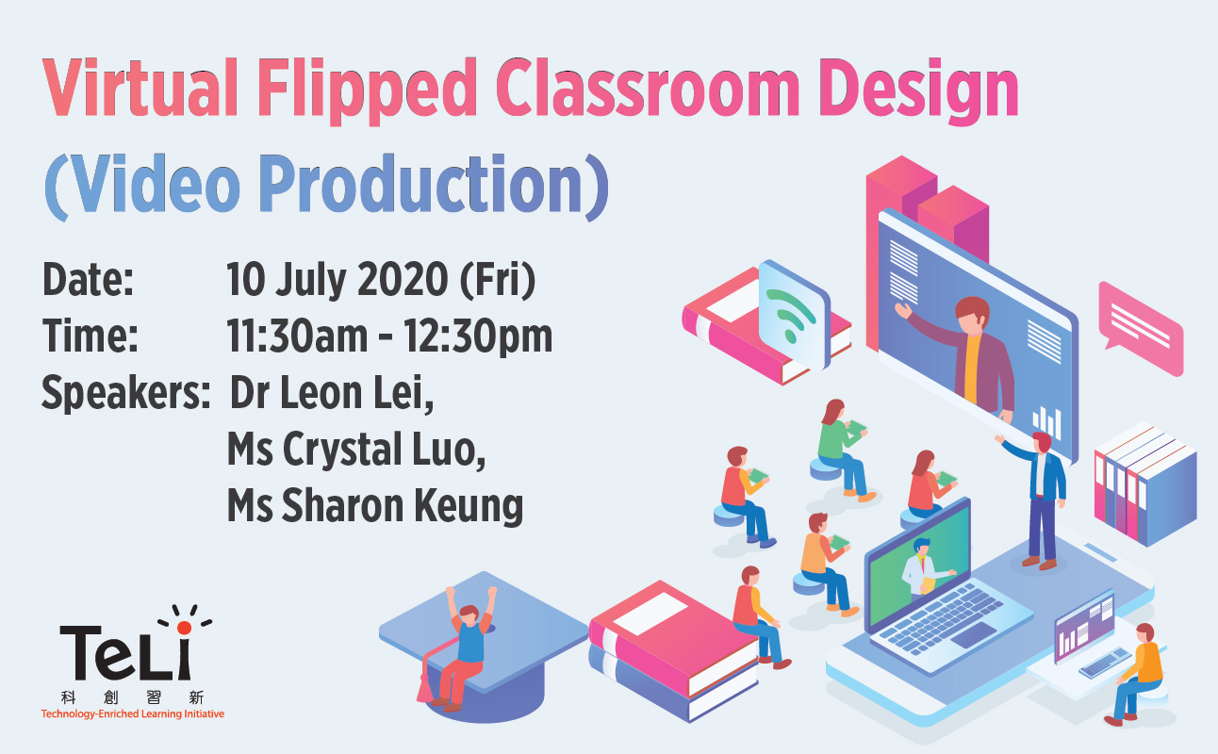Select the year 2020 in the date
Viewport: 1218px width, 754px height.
point(403,279)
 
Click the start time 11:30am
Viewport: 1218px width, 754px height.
point(297,336)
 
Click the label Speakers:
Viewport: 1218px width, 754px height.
point(125,392)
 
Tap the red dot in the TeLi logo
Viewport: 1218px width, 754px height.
point(185,628)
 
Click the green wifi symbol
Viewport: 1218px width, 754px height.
point(791,316)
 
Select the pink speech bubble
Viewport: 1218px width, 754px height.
point(1141,328)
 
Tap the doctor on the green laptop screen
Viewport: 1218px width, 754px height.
point(922,568)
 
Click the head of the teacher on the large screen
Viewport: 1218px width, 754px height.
point(972,316)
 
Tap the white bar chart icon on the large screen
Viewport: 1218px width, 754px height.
point(1047,422)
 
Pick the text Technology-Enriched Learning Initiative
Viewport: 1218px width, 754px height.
point(133,714)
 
